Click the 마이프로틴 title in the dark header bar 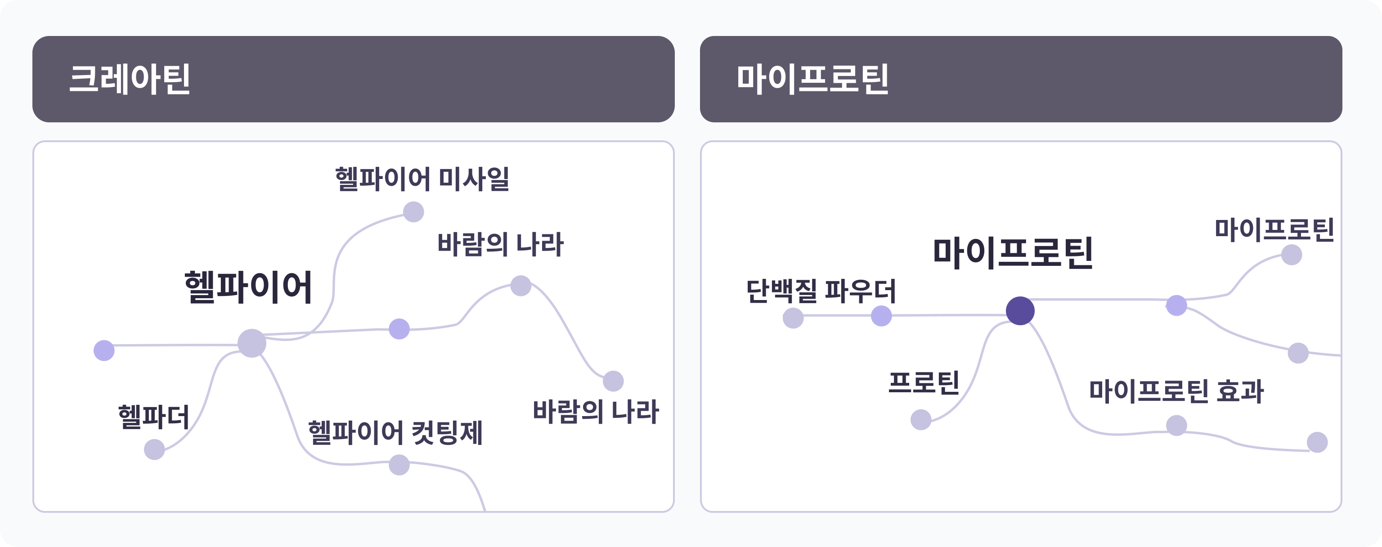pos(812,79)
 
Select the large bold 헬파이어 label pos(248,287)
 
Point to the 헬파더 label pos(153,417)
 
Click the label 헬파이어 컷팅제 pos(395,432)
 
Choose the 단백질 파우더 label pos(821,291)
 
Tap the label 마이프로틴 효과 pos(1176,390)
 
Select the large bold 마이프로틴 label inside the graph pos(1013,253)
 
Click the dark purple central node pos(1020,310)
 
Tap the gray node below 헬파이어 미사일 pos(413,212)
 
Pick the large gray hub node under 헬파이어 pos(251,343)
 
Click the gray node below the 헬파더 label pos(154,449)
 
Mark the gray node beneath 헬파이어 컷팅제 pos(399,465)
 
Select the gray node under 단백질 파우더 pos(793,318)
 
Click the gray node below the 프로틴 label pos(920,419)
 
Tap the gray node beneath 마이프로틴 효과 pos(1176,425)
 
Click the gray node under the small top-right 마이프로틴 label pos(1291,255)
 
